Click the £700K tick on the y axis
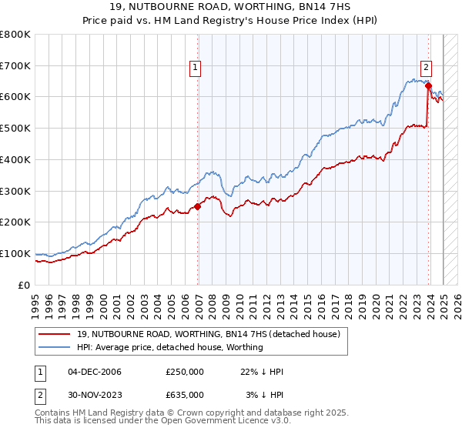click(15, 65)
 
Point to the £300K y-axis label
click(15, 191)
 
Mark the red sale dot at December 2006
click(198, 205)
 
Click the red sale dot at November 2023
click(428, 85)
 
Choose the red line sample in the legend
click(55, 333)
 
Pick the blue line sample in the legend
click(55, 347)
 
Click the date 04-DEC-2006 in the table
click(94, 372)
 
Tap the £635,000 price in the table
click(184, 395)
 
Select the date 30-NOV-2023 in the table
click(94, 395)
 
